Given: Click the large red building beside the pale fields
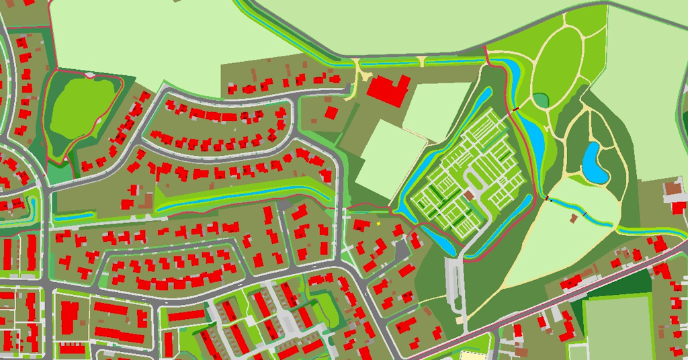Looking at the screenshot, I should [x=388, y=90].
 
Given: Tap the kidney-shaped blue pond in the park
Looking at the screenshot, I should [x=593, y=163].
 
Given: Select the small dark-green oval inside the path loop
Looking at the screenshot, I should [x=541, y=100].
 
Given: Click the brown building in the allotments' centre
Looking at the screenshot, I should [x=468, y=194].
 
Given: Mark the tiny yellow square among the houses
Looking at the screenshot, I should [x=378, y=223].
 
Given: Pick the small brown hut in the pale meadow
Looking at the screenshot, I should [x=573, y=218].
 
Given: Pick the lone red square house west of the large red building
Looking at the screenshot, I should [x=331, y=111].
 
